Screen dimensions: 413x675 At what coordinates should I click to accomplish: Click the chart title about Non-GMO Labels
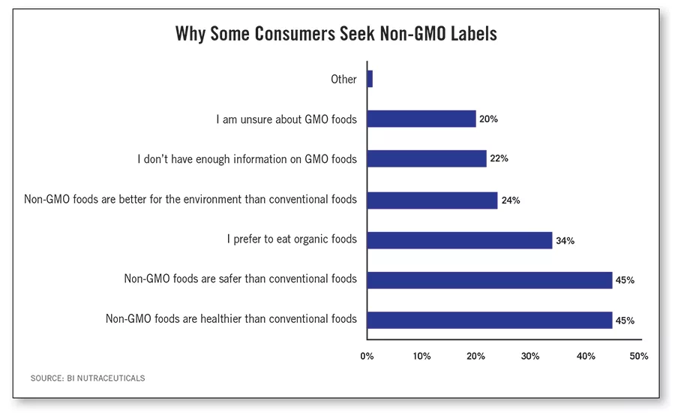click(x=336, y=35)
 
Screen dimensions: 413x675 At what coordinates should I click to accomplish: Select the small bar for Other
click(x=370, y=79)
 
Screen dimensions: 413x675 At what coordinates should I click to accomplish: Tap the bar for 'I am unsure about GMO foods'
click(x=421, y=119)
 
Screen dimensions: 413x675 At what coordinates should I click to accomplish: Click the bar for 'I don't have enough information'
click(x=427, y=159)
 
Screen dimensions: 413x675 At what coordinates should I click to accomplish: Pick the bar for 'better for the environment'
click(x=432, y=200)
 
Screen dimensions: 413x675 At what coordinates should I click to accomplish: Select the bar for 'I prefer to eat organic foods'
click(x=460, y=240)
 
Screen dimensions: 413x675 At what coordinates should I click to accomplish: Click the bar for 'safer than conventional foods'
click(x=490, y=280)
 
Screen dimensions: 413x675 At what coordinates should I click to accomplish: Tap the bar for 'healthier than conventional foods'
click(x=490, y=321)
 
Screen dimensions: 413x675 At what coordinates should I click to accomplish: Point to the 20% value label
click(x=489, y=119)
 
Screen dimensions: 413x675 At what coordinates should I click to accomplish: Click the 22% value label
click(x=499, y=159)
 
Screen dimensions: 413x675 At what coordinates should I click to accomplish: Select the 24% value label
click(x=511, y=200)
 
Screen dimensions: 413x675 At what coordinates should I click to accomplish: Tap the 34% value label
click(x=565, y=241)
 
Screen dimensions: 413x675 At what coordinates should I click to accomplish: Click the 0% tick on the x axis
click(x=367, y=356)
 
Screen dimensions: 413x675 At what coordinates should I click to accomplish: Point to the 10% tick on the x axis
click(x=421, y=356)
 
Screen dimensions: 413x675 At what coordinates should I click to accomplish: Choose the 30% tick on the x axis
click(x=530, y=356)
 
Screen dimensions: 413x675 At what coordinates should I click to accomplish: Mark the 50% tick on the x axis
click(x=638, y=356)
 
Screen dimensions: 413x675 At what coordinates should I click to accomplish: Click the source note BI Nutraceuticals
click(x=88, y=378)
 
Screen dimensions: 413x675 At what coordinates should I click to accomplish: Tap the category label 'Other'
click(x=343, y=79)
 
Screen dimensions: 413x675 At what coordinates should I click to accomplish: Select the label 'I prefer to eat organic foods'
click(x=292, y=240)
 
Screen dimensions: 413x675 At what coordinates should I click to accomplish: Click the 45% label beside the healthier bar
click(x=625, y=321)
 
